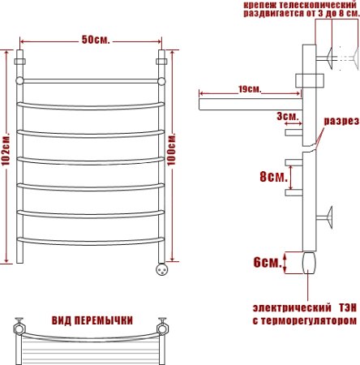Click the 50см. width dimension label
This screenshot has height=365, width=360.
point(94,41)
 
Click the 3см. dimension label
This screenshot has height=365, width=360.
point(286,117)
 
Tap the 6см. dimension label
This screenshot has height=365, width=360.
point(267,262)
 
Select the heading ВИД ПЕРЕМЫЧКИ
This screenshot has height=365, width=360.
point(92,320)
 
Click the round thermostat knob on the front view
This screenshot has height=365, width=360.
point(159,269)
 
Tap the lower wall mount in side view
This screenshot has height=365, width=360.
point(328,217)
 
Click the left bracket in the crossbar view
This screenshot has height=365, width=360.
point(19,330)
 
